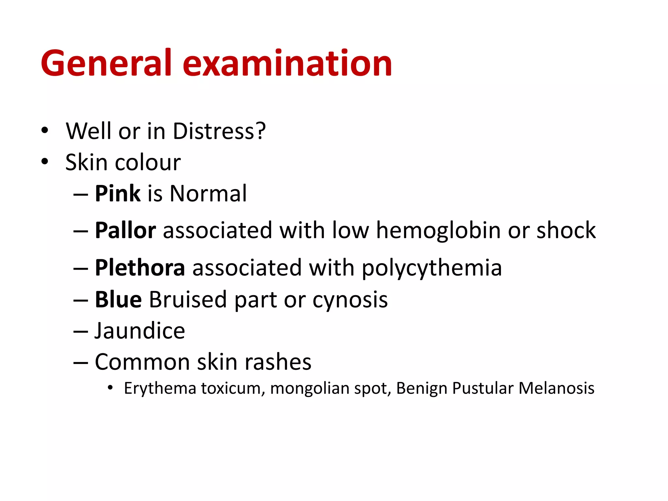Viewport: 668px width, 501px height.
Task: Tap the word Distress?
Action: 219,131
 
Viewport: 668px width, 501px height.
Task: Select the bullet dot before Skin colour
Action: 45,161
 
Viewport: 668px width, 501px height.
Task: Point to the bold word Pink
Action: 118,193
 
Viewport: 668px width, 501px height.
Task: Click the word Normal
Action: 208,193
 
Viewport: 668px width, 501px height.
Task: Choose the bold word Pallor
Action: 125,231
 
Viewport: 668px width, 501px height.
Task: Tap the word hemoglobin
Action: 438,231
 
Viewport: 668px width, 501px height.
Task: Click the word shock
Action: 566,231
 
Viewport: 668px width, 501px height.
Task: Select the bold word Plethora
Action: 140,268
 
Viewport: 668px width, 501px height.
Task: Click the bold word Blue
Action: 118,299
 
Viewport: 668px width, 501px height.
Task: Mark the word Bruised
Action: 188,299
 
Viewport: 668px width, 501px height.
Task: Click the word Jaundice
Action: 140,331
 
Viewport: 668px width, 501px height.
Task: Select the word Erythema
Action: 160,388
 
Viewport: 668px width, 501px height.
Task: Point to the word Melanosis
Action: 556,388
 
